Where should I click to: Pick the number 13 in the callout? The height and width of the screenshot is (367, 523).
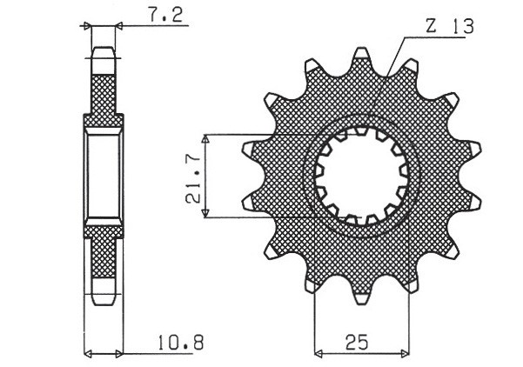[460, 28]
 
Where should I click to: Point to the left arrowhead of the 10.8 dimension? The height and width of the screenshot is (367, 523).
[88, 354]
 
